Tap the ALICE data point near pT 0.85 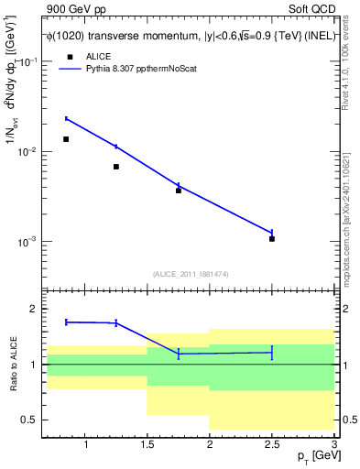66,139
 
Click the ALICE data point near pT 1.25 116,167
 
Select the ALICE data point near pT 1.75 179,191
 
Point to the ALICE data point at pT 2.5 272,238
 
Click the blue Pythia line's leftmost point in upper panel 66,118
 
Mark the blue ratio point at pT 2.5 272,352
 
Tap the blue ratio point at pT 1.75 179,354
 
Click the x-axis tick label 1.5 147,444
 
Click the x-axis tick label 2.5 272,444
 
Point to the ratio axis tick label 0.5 29,420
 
